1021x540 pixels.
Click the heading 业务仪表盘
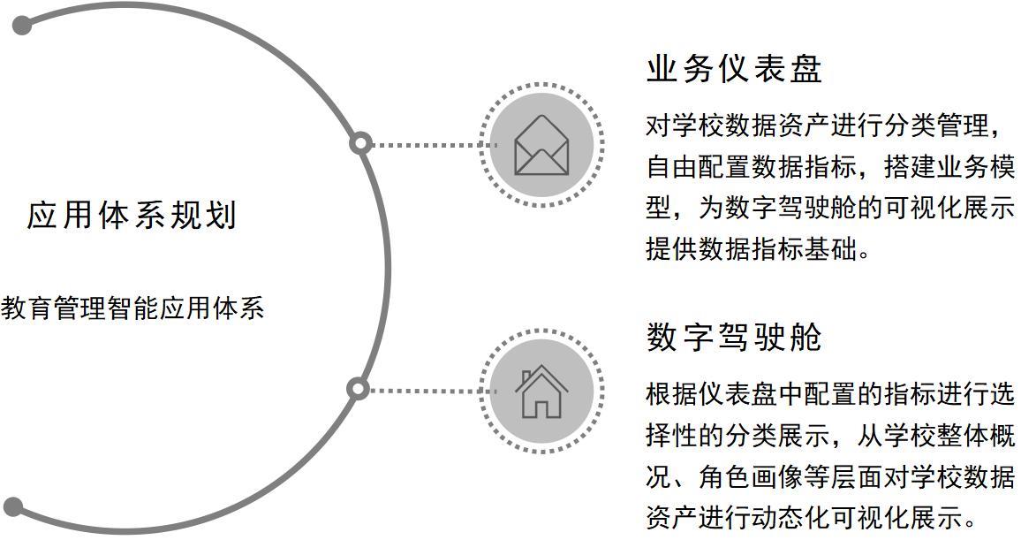click(734, 70)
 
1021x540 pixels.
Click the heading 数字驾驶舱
click(734, 338)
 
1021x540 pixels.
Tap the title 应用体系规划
click(132, 216)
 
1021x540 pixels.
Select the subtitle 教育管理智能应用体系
click(132, 308)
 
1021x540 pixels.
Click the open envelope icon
click(541, 145)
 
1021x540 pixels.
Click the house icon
click(541, 392)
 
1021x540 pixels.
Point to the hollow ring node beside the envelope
click(360, 143)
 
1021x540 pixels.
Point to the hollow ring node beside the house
click(357, 389)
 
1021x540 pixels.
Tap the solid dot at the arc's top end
click(23, 26)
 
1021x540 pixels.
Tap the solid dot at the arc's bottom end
click(14, 507)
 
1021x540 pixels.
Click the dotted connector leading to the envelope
click(424, 144)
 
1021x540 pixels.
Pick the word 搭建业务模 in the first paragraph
click(949, 167)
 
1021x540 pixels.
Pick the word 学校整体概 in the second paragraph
click(949, 435)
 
